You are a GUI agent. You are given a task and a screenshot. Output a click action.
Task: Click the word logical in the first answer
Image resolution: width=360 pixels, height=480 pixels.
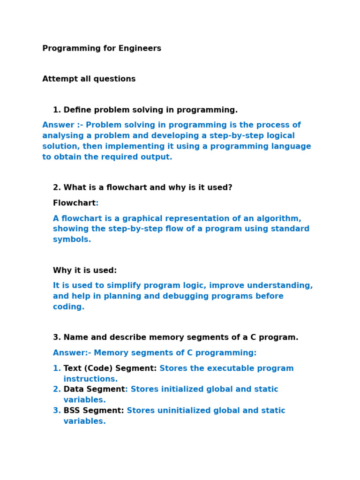pyautogui.click(x=280, y=136)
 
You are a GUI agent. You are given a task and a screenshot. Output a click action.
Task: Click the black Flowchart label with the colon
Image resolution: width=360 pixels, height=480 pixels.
pyautogui.click(x=75, y=203)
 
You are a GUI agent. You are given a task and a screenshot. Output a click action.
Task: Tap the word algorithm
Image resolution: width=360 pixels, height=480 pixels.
pyautogui.click(x=280, y=218)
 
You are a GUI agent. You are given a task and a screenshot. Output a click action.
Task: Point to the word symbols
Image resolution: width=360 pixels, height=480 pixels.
pyautogui.click(x=72, y=240)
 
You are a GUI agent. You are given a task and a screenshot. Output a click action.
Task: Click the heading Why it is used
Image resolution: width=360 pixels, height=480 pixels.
pyautogui.click(x=85, y=270)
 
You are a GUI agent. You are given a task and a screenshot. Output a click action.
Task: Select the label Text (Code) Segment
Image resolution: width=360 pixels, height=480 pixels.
pyautogui.click(x=110, y=368)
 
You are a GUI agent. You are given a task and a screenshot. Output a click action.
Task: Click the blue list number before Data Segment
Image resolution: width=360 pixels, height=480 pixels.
pyautogui.click(x=57, y=389)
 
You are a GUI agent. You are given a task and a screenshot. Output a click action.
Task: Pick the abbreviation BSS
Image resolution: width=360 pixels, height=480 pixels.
pyautogui.click(x=72, y=411)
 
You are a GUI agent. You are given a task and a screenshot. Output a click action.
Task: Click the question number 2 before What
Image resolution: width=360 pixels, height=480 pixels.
pyautogui.click(x=57, y=187)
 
